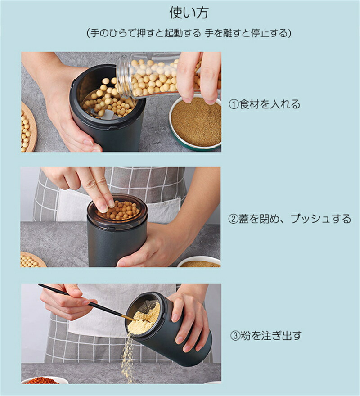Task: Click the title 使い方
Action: tap(189, 13)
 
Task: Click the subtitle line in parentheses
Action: tap(189, 33)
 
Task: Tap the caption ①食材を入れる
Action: tap(265, 104)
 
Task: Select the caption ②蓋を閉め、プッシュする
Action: tap(290, 219)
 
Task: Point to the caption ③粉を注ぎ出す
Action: tap(266, 336)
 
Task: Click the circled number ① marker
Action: tap(234, 104)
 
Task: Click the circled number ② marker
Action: tap(233, 219)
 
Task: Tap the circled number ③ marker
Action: tap(235, 336)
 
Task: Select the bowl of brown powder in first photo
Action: tap(196, 122)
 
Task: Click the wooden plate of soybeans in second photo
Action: tap(32, 260)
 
